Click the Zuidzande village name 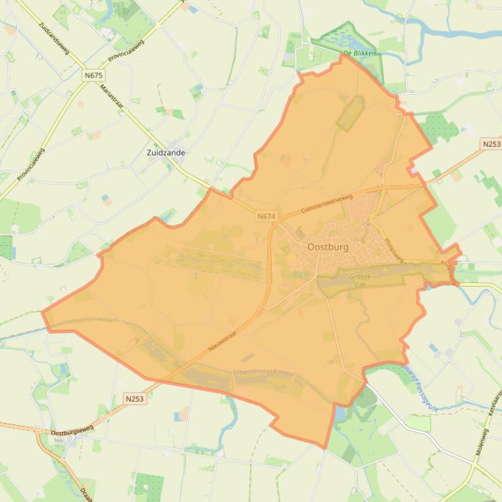point(166,153)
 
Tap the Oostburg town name point(328,247)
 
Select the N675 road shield point(94,76)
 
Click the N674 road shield point(266,216)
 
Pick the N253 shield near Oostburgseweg point(134,398)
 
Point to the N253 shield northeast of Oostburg point(491,143)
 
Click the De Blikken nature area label point(360,53)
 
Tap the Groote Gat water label point(360,281)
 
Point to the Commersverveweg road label point(326,205)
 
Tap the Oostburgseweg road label point(72,430)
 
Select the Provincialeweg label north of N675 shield point(126,50)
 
